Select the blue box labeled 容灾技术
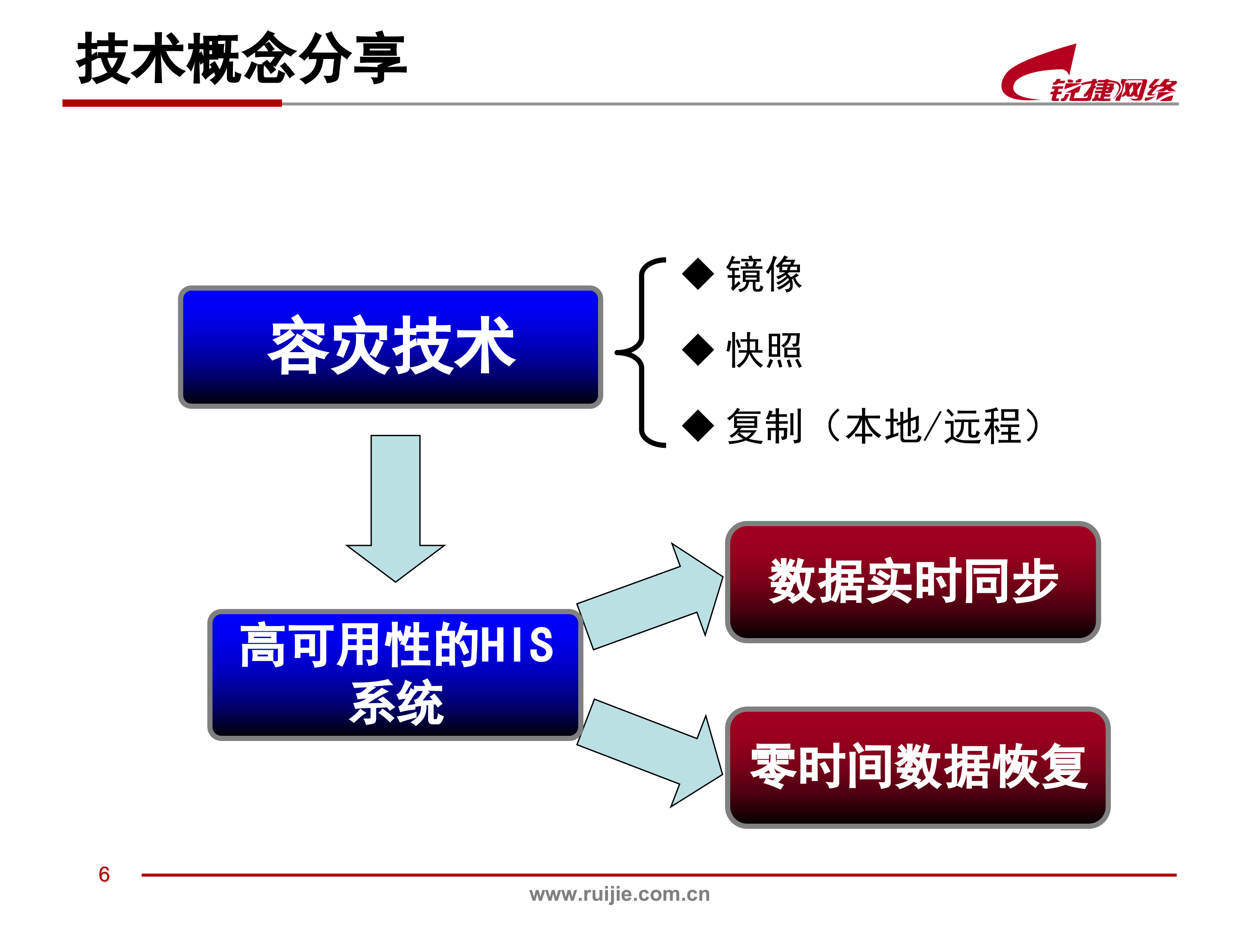pyautogui.click(x=390, y=347)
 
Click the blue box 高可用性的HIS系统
pyautogui.click(x=395, y=674)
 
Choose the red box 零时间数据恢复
pyautogui.click(x=917, y=767)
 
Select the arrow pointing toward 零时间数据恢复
pyautogui.click(x=650, y=751)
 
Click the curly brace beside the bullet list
pyautogui.click(x=641, y=352)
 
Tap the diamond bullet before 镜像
pyautogui.click(x=698, y=274)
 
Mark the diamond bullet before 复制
pyautogui.click(x=698, y=426)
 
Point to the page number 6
pyautogui.click(x=104, y=874)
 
